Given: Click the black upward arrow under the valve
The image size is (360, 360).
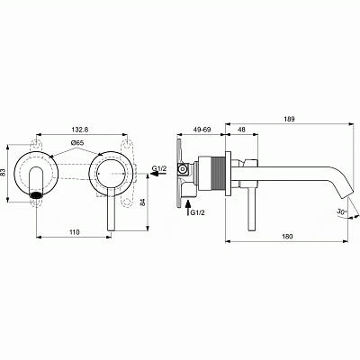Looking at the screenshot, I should [187, 211].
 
